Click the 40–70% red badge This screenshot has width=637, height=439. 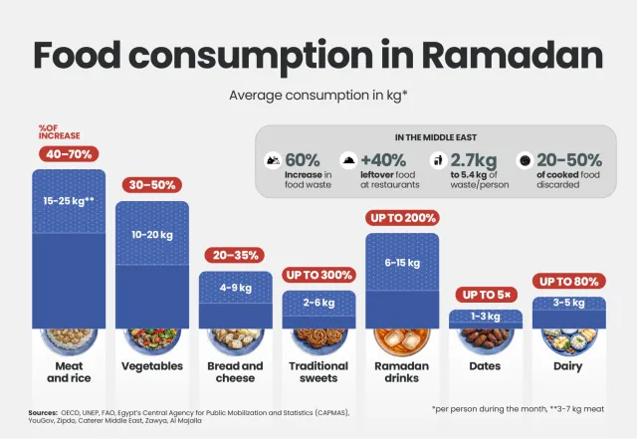tap(69, 154)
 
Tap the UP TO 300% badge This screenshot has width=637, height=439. tap(318, 275)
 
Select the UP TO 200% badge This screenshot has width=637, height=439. tap(402, 218)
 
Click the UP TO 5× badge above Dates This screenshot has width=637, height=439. tap(485, 295)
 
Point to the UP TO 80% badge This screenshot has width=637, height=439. tap(568, 281)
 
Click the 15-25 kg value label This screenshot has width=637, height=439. tap(69, 201)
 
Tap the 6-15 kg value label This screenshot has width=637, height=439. tap(402, 264)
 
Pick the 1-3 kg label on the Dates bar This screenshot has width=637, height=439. tap(485, 317)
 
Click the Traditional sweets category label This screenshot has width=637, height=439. tap(318, 372)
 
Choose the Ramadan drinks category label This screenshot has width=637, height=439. tap(402, 372)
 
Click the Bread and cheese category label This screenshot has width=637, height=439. tap(236, 372)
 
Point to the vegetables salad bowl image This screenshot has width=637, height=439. tap(152, 339)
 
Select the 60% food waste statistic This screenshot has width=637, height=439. tap(303, 159)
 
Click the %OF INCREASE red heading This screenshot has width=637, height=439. tap(59, 131)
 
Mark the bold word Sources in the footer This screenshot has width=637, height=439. tap(43, 411)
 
